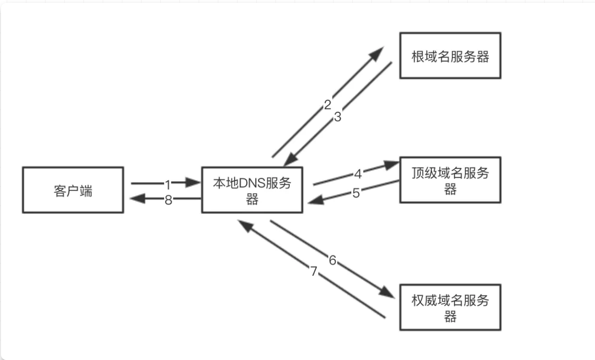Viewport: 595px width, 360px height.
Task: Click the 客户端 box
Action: [x=72, y=190]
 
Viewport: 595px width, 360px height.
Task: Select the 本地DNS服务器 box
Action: [x=252, y=190]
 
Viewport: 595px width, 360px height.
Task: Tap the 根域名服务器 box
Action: [x=450, y=56]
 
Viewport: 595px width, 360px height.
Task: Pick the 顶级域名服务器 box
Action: [x=450, y=180]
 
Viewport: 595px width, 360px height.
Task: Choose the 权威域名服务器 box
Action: [x=450, y=307]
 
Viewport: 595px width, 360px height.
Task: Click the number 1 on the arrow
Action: [x=167, y=183]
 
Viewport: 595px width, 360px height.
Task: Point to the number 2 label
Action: [x=328, y=105]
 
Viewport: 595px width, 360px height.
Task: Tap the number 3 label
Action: [x=337, y=117]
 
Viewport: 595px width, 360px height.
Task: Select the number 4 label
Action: [x=358, y=173]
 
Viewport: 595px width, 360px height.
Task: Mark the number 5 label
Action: [x=356, y=193]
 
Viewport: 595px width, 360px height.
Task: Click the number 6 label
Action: [x=332, y=260]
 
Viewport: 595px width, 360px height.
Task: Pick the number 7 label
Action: [x=314, y=272]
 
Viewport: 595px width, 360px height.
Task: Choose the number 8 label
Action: [x=168, y=200]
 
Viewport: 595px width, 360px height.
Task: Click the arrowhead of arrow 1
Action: [x=194, y=182]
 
